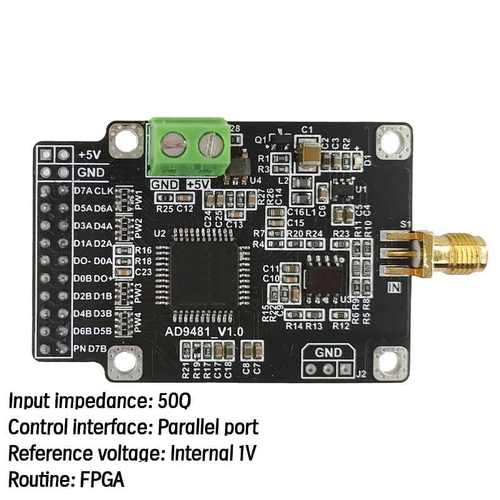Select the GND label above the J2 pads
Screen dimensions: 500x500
328,352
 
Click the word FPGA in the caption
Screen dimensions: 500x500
102,480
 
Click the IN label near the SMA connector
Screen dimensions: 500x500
394,287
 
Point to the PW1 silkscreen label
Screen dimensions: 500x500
139,200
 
